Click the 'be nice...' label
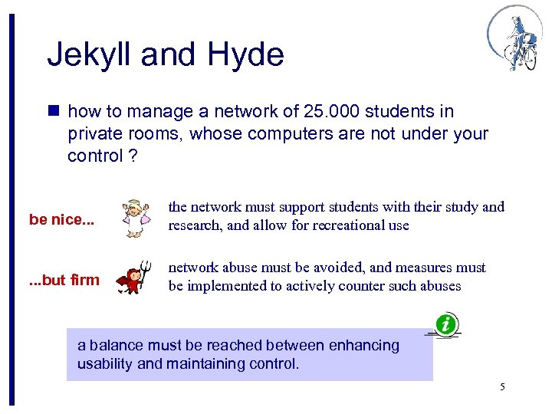click(62, 220)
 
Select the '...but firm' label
click(64, 280)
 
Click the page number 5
click(501, 386)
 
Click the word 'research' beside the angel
click(196, 225)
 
